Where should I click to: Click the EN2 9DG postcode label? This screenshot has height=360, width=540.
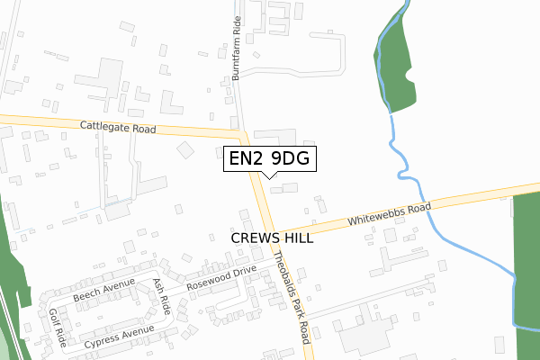click(x=270, y=158)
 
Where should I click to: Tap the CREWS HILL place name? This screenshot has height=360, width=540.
click(x=272, y=238)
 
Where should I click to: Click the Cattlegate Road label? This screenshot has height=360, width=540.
click(x=118, y=128)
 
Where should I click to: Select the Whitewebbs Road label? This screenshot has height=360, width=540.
click(x=389, y=215)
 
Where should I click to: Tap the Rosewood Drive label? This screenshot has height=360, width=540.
click(x=222, y=279)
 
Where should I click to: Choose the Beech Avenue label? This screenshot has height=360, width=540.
click(x=104, y=288)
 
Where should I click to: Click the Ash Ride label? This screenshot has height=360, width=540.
click(x=163, y=295)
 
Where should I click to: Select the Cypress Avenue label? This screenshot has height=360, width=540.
click(x=119, y=338)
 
